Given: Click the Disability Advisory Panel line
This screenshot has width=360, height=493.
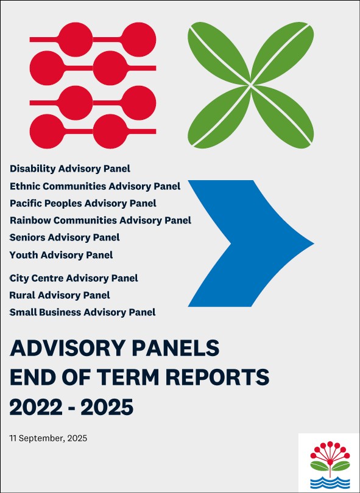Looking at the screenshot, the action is pyautogui.click(x=70, y=169).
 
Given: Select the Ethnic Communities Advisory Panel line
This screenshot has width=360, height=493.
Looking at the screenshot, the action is pyautogui.click(x=95, y=186).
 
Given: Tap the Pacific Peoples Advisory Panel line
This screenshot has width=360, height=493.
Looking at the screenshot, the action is pyautogui.click(x=83, y=203).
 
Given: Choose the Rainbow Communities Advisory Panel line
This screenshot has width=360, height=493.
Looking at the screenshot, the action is pyautogui.click(x=101, y=220).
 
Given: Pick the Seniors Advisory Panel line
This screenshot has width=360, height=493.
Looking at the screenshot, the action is pyautogui.click(x=65, y=237).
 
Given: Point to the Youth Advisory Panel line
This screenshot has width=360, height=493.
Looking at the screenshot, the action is pyautogui.click(x=61, y=254).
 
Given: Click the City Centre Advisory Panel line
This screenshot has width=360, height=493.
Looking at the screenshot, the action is pyautogui.click(x=74, y=278).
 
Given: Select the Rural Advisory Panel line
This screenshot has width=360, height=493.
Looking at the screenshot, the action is pyautogui.click(x=60, y=295).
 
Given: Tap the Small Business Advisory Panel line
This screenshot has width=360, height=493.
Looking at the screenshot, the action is pyautogui.click(x=82, y=312).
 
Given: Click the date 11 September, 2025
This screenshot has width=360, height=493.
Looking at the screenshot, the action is pyautogui.click(x=48, y=438).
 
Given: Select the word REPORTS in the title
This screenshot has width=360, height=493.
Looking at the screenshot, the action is pyautogui.click(x=217, y=377).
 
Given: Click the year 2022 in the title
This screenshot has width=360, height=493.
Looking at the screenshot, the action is pyautogui.click(x=36, y=407).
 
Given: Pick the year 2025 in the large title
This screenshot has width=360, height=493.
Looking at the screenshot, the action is pyautogui.click(x=107, y=407).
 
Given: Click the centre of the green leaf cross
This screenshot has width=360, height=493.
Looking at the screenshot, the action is pyautogui.click(x=251, y=85).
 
